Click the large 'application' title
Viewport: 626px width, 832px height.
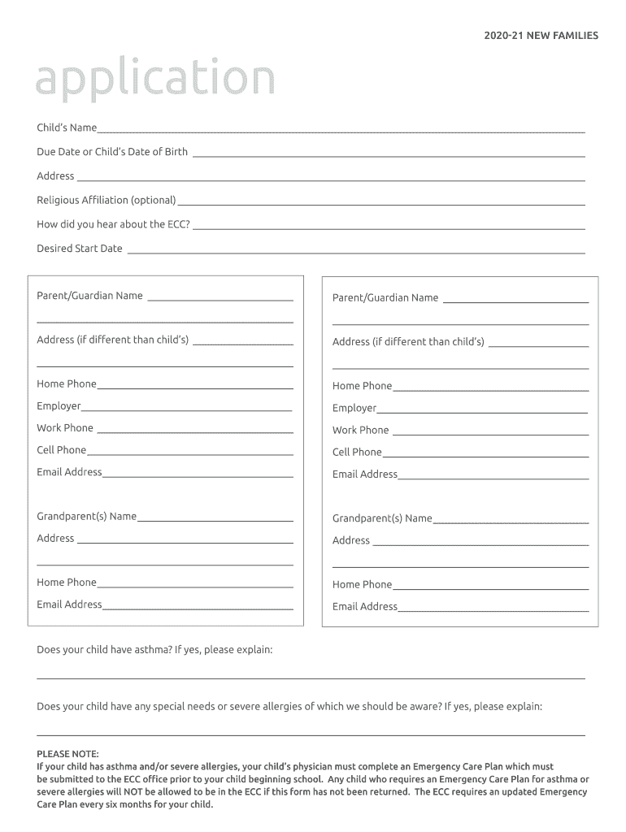click(x=154, y=80)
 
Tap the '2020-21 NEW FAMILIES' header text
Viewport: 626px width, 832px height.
click(x=541, y=36)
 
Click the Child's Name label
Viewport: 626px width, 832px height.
click(x=67, y=128)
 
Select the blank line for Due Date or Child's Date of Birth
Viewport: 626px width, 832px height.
click(x=389, y=155)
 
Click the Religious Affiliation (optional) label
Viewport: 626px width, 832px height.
click(x=107, y=201)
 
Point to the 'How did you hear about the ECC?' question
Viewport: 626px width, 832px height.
click(x=113, y=224)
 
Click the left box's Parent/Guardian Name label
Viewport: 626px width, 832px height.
click(x=89, y=296)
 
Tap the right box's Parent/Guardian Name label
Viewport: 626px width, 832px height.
click(x=385, y=298)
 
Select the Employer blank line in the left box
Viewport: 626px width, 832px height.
click(x=187, y=410)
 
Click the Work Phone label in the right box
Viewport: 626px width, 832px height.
click(x=360, y=431)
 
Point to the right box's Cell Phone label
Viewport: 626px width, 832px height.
click(x=357, y=453)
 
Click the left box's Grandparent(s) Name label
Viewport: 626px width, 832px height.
click(x=86, y=517)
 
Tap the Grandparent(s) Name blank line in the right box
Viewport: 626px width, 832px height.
click(x=511, y=522)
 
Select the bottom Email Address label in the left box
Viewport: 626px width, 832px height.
click(x=69, y=604)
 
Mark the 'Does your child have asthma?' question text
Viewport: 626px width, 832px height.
click(x=154, y=650)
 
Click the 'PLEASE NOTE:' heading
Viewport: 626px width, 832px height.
click(x=67, y=754)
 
